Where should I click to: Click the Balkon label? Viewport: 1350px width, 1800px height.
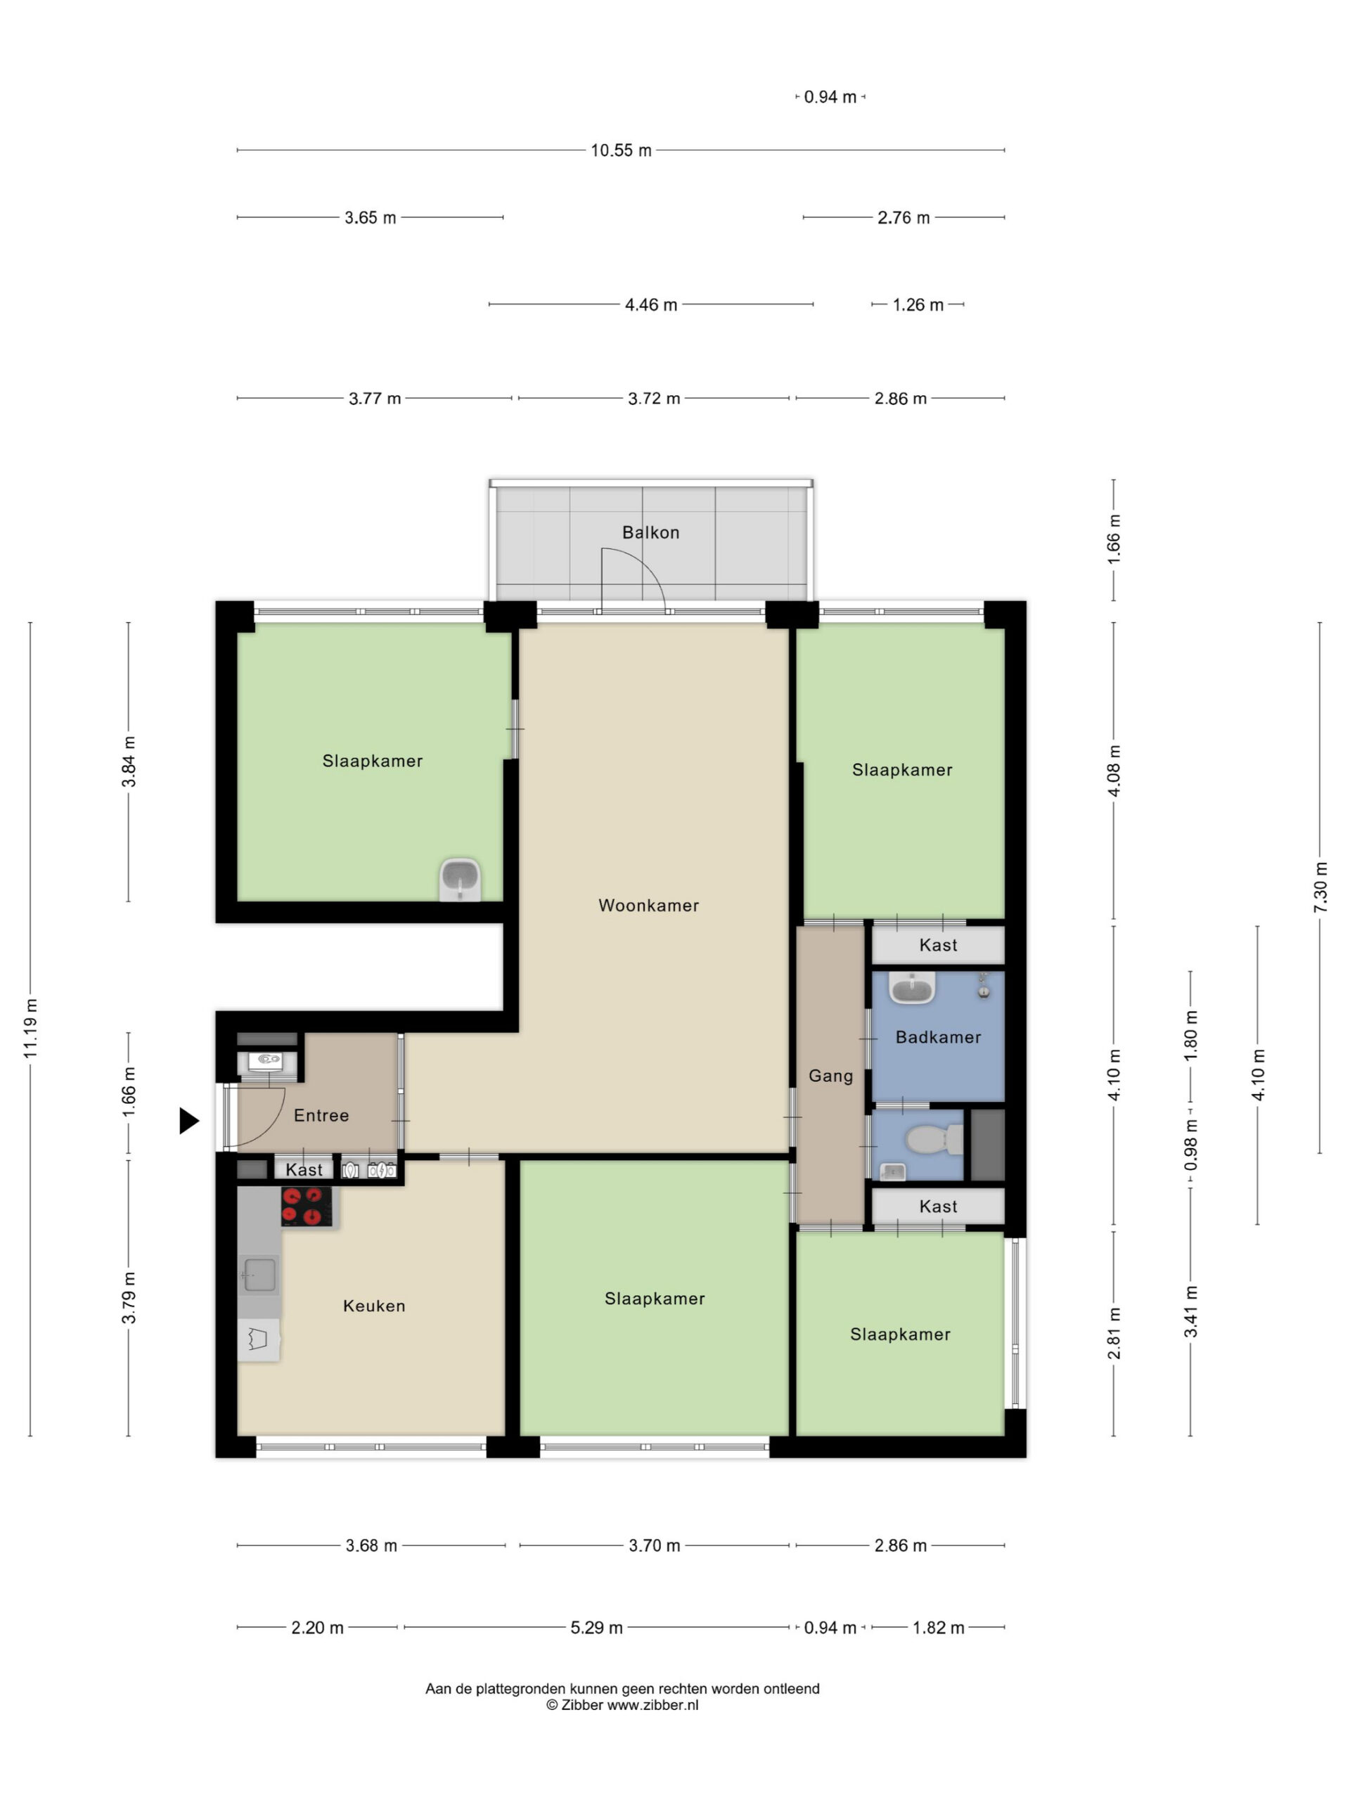point(650,532)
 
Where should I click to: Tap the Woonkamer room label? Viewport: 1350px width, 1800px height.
point(648,905)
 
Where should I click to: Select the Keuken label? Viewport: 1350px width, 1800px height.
point(373,1305)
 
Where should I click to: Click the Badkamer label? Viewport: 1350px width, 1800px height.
point(937,1036)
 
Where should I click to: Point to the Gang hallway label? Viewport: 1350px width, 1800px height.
point(830,1076)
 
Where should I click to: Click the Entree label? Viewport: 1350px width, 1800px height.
point(321,1115)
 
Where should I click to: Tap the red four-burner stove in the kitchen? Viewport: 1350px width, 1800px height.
point(307,1206)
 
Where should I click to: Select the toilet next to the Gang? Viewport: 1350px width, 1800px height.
point(935,1139)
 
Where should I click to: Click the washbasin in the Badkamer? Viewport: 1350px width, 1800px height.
point(911,988)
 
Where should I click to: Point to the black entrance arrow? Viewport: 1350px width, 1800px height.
point(188,1121)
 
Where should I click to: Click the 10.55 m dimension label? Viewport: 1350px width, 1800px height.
point(621,150)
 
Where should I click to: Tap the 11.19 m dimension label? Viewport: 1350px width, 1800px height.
point(31,1029)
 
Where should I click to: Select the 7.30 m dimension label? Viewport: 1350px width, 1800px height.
point(1320,886)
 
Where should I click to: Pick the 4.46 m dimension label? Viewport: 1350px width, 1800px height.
point(651,304)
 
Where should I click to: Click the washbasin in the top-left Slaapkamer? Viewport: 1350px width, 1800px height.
point(461,879)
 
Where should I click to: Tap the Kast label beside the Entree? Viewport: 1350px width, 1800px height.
point(304,1169)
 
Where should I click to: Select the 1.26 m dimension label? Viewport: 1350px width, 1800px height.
point(918,304)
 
